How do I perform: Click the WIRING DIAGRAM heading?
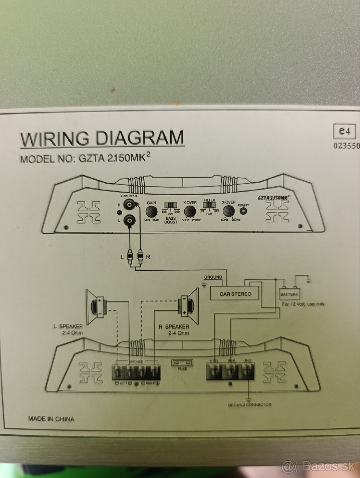(102, 138)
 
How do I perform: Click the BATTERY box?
(289, 294)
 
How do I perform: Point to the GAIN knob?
(151, 211)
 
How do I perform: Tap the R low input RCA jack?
(129, 205)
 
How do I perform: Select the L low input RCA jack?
(129, 219)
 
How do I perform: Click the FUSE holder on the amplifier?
(182, 363)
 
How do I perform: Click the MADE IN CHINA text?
(51, 419)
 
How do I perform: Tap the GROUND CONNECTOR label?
(249, 405)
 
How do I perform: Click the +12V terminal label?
(215, 360)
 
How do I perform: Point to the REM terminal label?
(232, 360)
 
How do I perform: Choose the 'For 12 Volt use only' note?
(303, 304)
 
